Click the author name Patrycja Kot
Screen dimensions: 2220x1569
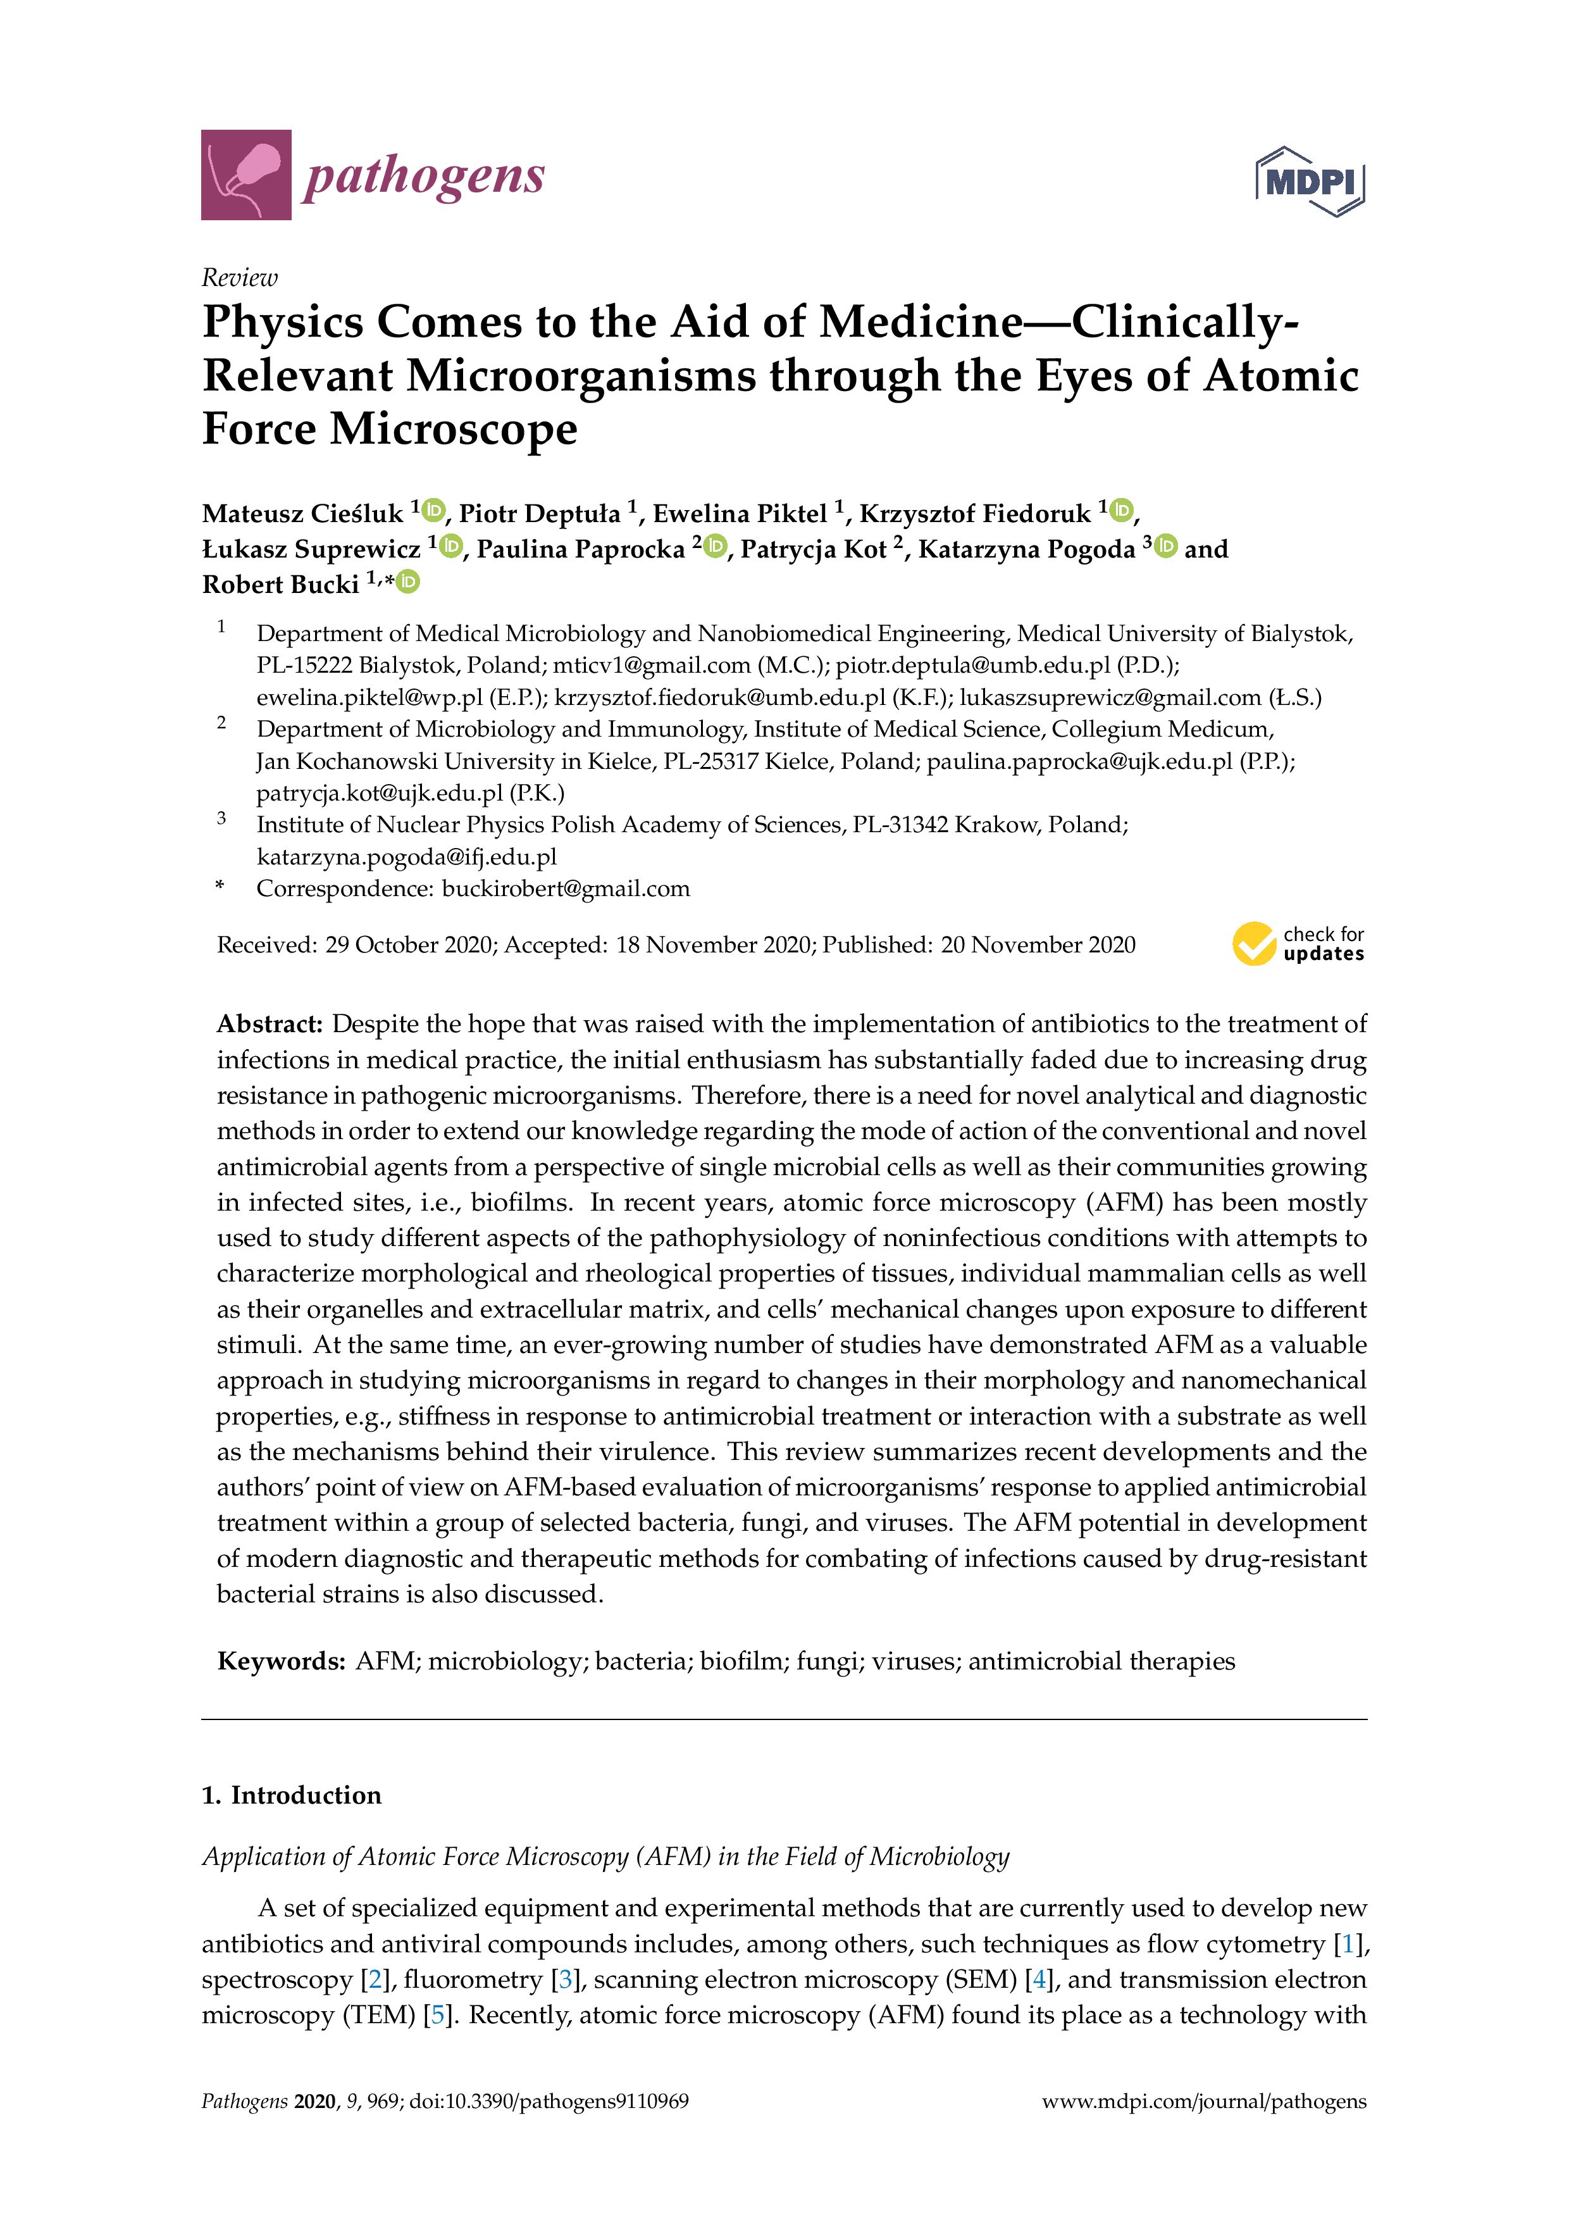[813, 549]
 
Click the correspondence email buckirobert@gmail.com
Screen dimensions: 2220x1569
[566, 889]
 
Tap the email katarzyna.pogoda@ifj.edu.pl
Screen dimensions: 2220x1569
[406, 857]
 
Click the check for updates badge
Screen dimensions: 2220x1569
[1298, 944]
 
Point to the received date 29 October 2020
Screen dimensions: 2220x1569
[409, 945]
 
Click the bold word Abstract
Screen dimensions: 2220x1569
[269, 1024]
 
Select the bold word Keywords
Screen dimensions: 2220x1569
[280, 1661]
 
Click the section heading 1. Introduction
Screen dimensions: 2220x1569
[291, 1795]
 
